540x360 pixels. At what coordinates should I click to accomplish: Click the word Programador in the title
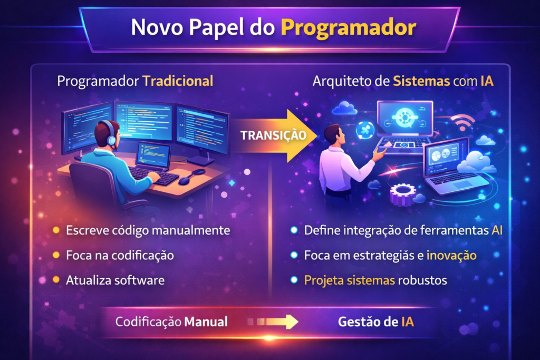pos(349,27)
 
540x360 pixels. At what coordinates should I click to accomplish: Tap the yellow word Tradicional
pos(178,81)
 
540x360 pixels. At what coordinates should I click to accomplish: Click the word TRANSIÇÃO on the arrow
pos(274,135)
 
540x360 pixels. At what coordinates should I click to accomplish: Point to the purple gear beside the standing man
pos(402,194)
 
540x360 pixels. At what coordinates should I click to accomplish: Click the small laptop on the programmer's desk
pos(153,156)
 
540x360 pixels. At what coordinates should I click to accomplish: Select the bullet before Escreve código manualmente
pos(56,230)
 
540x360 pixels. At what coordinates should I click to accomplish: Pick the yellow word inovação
pos(451,255)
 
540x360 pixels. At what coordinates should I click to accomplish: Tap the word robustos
pos(422,280)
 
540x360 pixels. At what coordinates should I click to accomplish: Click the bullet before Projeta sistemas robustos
pos(294,280)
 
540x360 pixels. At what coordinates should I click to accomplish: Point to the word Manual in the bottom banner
pos(206,322)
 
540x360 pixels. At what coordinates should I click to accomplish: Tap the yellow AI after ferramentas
pos(497,230)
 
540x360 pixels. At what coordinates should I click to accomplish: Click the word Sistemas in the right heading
pos(421,81)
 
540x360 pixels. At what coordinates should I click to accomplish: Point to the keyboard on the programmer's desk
pos(154,175)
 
